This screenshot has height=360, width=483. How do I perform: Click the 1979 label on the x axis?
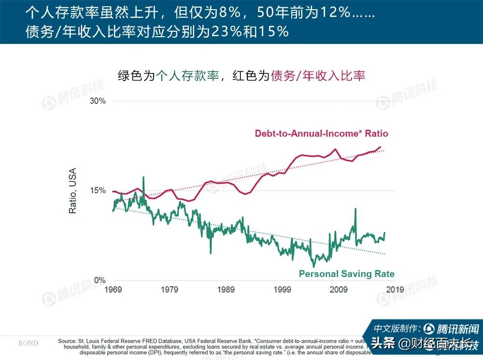click(170, 290)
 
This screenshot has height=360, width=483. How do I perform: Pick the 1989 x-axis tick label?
click(226, 290)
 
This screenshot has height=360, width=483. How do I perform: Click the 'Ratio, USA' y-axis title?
click(73, 191)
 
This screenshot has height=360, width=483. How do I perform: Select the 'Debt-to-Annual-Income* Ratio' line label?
click(321, 134)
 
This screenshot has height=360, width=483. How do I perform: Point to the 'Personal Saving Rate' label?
click(346, 274)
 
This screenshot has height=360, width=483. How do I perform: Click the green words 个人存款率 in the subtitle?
click(187, 76)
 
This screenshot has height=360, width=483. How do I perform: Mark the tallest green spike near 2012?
click(355, 209)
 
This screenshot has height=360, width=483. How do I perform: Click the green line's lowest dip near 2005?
click(313, 266)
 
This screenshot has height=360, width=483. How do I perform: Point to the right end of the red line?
click(381, 147)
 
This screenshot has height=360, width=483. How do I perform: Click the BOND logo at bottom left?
click(28, 343)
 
